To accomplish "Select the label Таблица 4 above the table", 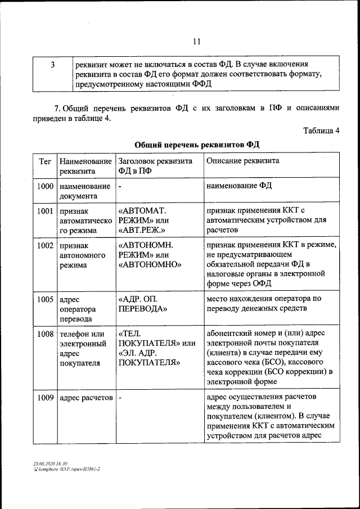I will coord(321,131).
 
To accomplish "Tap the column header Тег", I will coord(45,161).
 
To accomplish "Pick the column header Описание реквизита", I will coord(242,161).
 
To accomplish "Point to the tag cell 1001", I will coord(45,211).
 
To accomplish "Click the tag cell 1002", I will coord(45,246).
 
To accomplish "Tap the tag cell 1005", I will coord(45,299).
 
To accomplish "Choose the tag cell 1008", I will coord(45,334).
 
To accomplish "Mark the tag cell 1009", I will coord(45,398).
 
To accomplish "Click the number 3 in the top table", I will coord(52,65).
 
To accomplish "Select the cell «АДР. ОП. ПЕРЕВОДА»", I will coord(143,304).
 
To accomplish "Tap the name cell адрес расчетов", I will coord(86,398).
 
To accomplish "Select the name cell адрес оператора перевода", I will coord(78,309).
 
